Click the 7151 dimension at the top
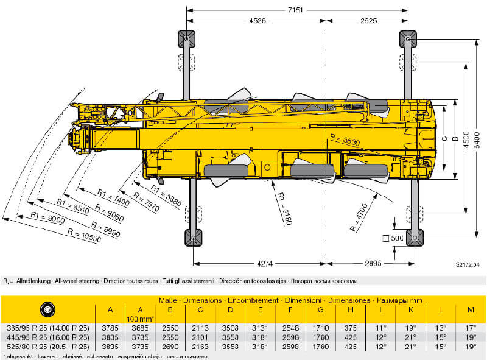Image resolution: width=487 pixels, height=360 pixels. coord(296,10)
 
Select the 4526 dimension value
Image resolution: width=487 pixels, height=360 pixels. coord(258,22)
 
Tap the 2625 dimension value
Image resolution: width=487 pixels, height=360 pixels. coord(368,22)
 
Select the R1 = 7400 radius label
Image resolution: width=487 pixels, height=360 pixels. coord(113,197)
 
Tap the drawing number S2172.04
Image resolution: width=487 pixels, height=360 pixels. coord(467,265)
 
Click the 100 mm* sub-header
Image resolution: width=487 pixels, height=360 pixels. coord(139,318)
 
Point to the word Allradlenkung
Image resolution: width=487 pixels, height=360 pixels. coord(31,281)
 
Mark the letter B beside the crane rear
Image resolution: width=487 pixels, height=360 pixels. coord(453,138)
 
